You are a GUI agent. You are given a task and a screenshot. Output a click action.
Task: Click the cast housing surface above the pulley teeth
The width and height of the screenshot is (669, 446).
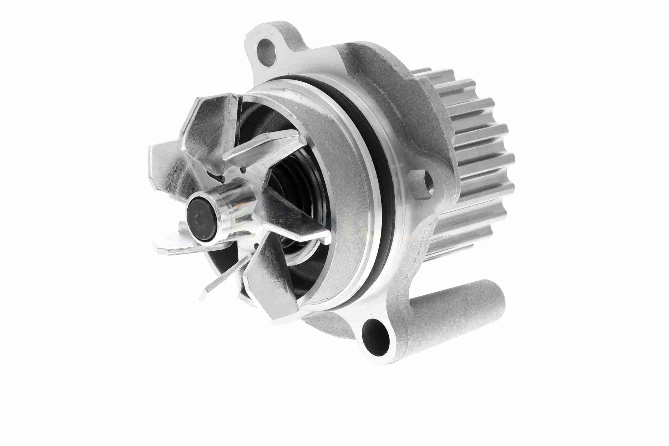tap(398, 74)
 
